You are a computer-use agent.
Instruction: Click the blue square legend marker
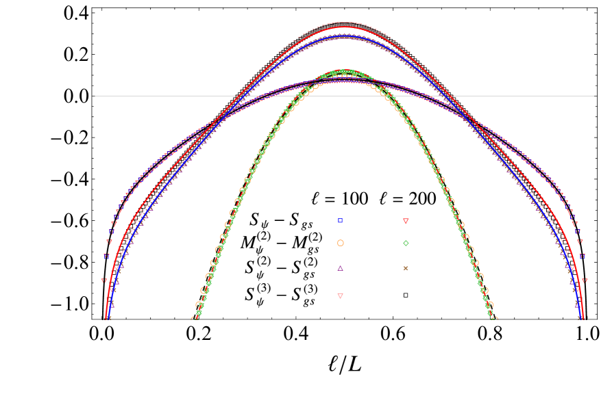tap(340, 221)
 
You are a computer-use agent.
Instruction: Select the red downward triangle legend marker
tap(406, 222)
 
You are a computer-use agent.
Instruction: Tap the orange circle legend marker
tap(340, 243)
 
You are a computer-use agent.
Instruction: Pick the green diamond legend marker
tap(406, 243)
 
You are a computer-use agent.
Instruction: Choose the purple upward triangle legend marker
tap(340, 268)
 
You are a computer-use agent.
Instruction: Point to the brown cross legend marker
tap(406, 268)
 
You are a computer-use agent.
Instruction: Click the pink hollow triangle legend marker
tap(340, 296)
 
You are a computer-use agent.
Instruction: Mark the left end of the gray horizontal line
tap(94, 96)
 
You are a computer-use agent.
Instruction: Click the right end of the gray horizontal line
tap(596, 96)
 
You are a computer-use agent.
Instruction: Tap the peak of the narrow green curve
tap(344, 70)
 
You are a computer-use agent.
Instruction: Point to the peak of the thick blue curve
tap(344, 36)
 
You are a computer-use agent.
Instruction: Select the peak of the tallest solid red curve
tap(344, 26)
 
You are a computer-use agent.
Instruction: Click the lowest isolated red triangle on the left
tap(104, 280)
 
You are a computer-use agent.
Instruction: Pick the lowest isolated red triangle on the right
tap(585, 280)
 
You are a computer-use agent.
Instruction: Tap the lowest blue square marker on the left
tap(106, 256)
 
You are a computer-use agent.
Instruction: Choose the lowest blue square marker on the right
tap(582, 256)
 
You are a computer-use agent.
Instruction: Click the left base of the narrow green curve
tap(195, 318)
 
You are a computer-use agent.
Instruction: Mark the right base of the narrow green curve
tap(493, 318)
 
